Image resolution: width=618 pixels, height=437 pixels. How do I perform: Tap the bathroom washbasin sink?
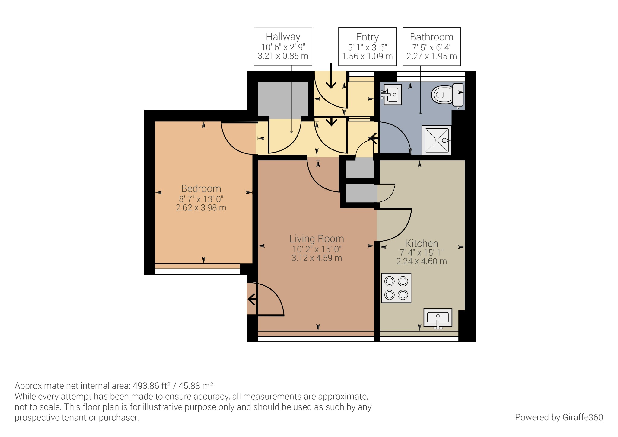click(392, 95)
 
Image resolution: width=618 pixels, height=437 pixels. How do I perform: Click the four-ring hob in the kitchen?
click(396, 288)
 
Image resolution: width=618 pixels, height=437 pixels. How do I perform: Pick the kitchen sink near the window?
click(438, 318)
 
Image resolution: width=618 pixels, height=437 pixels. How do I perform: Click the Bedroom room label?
click(201, 188)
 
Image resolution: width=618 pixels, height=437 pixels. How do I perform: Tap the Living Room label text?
click(317, 239)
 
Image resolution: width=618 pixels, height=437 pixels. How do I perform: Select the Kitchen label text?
click(421, 243)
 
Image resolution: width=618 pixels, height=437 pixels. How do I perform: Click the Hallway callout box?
click(283, 46)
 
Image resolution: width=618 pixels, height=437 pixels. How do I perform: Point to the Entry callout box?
click(367, 47)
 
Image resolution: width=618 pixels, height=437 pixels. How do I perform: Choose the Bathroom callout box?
click(432, 47)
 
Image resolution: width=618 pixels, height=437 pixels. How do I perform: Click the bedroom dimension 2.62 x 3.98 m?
click(201, 208)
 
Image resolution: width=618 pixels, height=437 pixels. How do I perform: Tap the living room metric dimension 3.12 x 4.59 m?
click(317, 258)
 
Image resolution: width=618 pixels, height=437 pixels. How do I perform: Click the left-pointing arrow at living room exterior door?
click(252, 300)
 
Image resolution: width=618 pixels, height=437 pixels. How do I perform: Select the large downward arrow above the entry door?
click(331, 77)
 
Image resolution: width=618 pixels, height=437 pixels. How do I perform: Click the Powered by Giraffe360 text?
click(559, 417)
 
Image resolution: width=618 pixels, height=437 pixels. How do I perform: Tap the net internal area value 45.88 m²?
click(196, 386)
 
